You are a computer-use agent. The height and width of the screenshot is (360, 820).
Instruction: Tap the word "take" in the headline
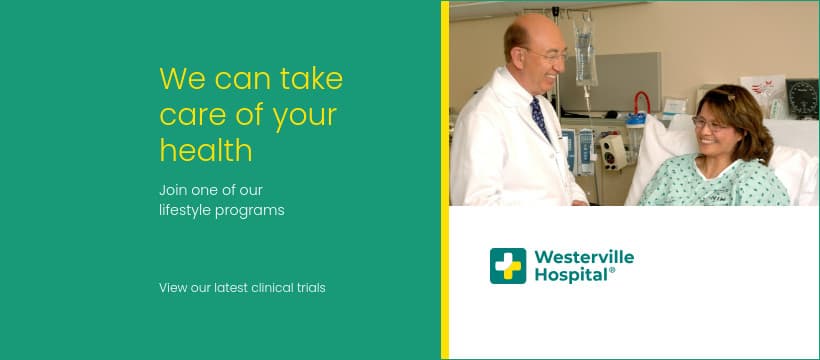311,78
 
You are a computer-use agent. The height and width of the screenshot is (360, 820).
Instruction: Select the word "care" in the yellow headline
191,116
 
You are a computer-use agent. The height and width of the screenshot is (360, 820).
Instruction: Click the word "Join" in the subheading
173,190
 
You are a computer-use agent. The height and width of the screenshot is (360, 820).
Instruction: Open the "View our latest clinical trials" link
242,288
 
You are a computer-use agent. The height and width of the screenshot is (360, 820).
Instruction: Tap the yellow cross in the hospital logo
508,266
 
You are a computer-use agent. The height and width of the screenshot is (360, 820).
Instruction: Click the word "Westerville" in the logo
584,257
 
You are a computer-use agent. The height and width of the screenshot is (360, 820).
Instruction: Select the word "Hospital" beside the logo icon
571,275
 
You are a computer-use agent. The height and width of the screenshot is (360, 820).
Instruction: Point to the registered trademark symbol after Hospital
612,270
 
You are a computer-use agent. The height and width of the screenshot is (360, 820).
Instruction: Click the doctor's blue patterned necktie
540,119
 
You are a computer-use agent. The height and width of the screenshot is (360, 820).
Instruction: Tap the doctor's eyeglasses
549,55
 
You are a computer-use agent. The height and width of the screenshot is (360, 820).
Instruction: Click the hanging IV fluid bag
586,51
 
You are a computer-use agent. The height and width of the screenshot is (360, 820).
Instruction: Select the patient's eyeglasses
709,125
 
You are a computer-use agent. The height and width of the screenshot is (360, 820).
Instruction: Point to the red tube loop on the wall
642,102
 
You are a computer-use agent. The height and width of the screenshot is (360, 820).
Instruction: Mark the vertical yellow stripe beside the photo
445,180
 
